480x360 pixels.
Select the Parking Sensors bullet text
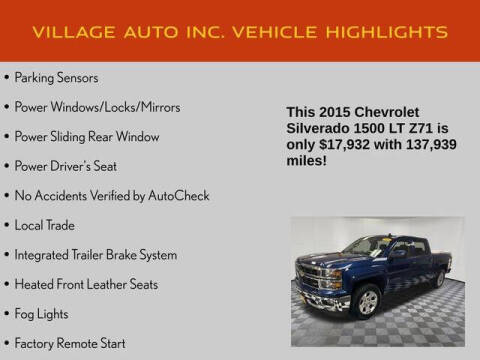coord(56,77)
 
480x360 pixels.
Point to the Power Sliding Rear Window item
coord(87,136)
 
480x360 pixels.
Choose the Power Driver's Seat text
coord(72,165)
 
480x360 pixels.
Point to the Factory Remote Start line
coord(71,343)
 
